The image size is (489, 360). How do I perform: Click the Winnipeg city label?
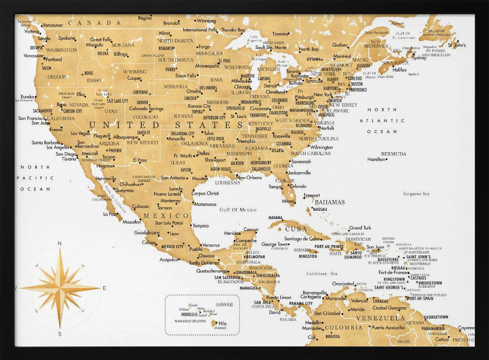206,21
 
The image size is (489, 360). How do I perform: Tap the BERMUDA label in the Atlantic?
394,154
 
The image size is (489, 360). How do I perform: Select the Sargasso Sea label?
415,194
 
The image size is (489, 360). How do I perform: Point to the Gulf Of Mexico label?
238,210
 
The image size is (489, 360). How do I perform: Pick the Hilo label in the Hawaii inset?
222,323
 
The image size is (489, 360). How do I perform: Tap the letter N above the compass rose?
60,243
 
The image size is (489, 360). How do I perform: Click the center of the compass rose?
60,288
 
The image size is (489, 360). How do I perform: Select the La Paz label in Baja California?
110,214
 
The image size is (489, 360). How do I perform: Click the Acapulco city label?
169,260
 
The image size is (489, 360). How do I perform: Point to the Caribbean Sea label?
322,274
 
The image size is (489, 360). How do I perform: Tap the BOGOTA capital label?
333,337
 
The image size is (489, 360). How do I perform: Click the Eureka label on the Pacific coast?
27,96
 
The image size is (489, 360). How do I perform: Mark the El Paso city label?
140,160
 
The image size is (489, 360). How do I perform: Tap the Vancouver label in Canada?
52,25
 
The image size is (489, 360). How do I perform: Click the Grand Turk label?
360,227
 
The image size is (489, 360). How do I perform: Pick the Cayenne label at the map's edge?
466,328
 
